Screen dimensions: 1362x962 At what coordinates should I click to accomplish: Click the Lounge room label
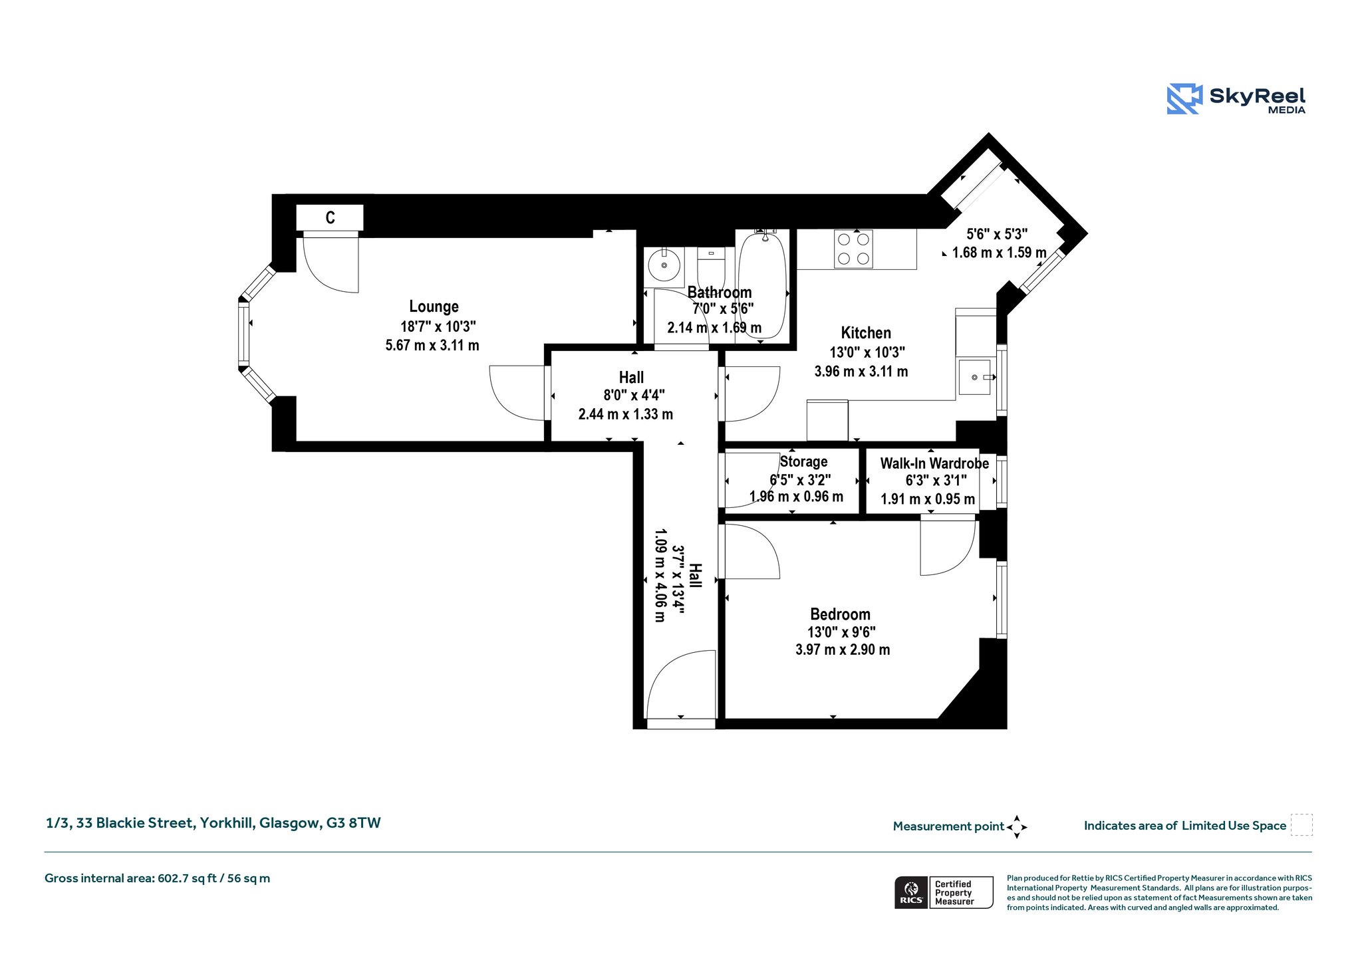[x=434, y=306]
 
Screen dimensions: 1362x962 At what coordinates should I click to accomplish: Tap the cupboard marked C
[x=330, y=217]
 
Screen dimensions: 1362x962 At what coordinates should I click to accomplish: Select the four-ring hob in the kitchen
[x=853, y=249]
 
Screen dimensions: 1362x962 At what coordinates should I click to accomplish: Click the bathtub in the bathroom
[x=762, y=285]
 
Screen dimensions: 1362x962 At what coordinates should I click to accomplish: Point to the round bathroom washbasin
[x=664, y=265]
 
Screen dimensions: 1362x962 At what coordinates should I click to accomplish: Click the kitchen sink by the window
[x=975, y=377]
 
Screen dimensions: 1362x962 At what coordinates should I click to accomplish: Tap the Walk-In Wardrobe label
[x=934, y=463]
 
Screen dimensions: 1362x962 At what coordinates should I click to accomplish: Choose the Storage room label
[x=804, y=461]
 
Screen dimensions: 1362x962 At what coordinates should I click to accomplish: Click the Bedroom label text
[x=840, y=614]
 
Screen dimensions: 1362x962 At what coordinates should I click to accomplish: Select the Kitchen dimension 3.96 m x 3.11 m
[x=861, y=372]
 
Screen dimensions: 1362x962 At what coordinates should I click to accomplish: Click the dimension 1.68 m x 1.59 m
[x=1000, y=253]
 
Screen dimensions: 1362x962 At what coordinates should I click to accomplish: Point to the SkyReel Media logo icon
[x=1184, y=99]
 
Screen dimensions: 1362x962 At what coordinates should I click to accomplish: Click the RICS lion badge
[x=911, y=892]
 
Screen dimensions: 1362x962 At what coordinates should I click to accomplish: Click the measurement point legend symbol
[x=1017, y=827]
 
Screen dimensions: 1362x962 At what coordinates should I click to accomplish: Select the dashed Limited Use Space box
[x=1301, y=825]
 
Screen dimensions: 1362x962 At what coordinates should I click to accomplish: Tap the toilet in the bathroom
[x=711, y=269]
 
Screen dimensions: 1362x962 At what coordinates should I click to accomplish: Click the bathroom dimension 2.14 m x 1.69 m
[x=714, y=328]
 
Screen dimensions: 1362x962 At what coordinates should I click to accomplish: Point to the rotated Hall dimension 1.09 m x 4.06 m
[x=660, y=575]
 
